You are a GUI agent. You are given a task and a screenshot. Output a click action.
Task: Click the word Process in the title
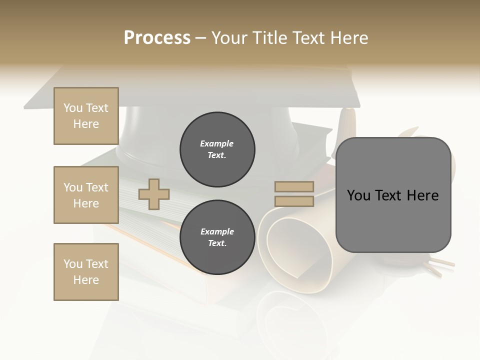pos(157,38)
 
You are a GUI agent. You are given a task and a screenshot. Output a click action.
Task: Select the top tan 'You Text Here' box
pos(86,116)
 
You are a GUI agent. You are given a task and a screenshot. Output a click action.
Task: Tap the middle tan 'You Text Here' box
pos(86,195)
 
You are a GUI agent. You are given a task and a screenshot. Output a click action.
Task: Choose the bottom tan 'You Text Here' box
pos(86,271)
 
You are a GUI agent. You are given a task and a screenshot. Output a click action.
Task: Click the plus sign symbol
pos(154,193)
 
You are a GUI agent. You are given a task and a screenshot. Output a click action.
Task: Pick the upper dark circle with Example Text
pos(217,149)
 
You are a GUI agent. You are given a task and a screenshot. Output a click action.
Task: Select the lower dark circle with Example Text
pos(217,237)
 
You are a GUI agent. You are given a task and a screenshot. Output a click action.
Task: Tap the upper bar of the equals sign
pos(294,186)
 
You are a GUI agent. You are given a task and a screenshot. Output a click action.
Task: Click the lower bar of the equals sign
pos(294,201)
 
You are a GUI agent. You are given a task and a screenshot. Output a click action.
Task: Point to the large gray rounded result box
pos(393,220)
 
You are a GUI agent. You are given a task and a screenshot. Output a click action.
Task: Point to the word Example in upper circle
pos(217,144)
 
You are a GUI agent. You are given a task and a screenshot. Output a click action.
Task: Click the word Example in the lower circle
pos(217,232)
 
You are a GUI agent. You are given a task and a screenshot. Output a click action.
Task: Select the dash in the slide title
pos(201,38)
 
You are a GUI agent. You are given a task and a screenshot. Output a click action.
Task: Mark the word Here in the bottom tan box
pos(86,280)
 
